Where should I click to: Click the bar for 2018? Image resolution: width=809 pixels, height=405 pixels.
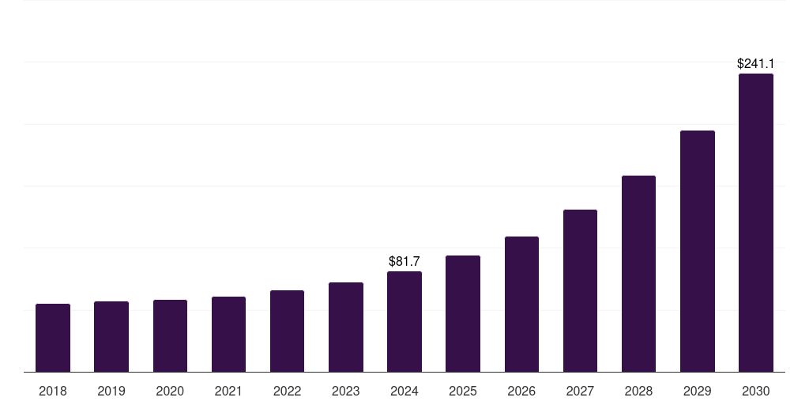[53, 338]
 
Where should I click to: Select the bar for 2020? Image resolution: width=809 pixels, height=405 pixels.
[170, 336]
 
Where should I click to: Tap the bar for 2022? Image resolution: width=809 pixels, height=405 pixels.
[287, 331]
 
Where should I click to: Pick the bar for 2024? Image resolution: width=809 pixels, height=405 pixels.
[404, 322]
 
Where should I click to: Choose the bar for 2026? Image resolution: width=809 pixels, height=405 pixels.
[521, 305]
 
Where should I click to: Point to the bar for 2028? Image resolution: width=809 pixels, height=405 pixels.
[638, 274]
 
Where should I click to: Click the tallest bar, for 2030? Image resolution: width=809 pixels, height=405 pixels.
[755, 223]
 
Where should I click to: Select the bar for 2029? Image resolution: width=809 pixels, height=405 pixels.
[697, 252]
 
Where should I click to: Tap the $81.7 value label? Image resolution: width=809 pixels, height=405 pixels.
[404, 261]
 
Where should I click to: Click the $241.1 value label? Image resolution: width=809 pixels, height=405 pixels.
[755, 63]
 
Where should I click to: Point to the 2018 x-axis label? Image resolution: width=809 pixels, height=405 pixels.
[53, 391]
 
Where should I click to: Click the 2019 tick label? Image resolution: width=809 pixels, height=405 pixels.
[111, 391]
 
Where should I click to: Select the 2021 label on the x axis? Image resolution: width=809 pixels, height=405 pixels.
[228, 391]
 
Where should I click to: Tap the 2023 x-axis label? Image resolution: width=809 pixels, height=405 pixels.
[346, 391]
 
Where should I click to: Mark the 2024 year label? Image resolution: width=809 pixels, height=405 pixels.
[404, 391]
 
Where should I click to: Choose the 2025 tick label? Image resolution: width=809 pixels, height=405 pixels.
[463, 391]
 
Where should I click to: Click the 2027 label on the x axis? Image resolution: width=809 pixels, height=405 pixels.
[580, 391]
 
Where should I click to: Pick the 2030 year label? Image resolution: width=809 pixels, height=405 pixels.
[755, 391]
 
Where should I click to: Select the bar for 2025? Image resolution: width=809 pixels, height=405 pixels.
[463, 314]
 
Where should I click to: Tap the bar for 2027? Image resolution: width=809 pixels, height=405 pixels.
[580, 291]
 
